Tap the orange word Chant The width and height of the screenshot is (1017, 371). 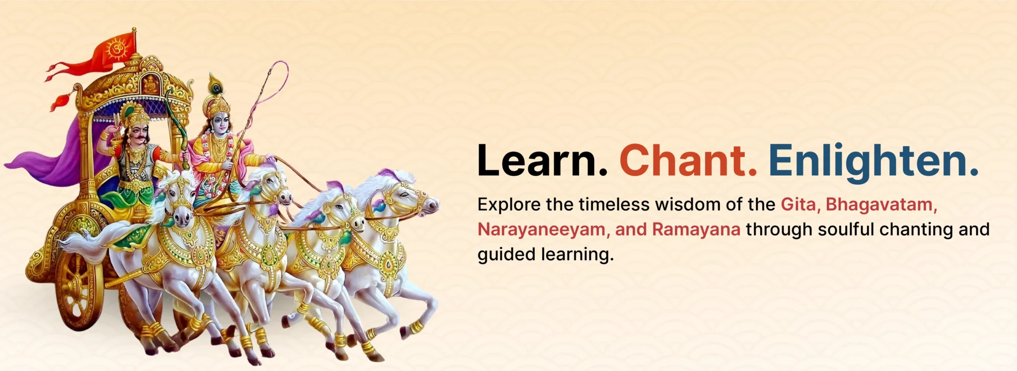pos(688,160)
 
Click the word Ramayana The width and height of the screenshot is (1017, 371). pos(696,229)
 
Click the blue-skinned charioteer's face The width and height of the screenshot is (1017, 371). pos(220,123)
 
